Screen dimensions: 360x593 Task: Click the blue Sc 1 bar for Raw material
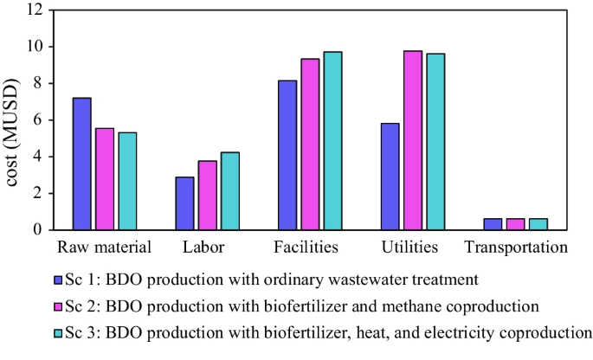click(82, 164)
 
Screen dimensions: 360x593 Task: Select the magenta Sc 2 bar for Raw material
click(105, 179)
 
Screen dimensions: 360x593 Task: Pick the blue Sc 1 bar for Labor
click(184, 203)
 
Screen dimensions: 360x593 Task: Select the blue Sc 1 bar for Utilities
click(390, 177)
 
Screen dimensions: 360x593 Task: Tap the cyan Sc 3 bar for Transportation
click(538, 224)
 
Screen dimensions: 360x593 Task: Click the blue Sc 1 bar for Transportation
click(493, 224)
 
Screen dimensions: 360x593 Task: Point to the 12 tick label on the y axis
click(34, 10)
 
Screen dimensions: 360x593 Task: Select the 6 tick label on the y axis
click(38, 120)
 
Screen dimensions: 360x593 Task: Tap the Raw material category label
click(105, 248)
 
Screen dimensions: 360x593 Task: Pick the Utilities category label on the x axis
click(410, 248)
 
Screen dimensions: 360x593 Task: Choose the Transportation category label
click(516, 248)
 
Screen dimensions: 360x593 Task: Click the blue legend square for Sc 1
click(58, 280)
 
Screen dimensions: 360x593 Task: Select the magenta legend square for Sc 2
click(58, 305)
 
